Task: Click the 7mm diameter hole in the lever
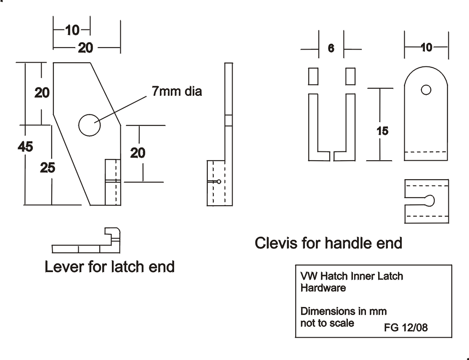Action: (x=89, y=125)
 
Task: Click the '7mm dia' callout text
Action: (x=177, y=91)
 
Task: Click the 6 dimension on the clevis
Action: (x=331, y=49)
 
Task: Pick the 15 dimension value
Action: (x=382, y=131)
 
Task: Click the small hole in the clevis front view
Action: (x=426, y=90)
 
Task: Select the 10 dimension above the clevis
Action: (x=426, y=48)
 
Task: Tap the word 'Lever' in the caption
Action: (x=65, y=267)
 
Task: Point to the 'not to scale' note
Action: (x=327, y=323)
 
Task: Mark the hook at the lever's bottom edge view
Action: (x=113, y=236)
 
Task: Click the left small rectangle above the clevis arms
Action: (x=313, y=76)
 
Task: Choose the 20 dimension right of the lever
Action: (x=138, y=153)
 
